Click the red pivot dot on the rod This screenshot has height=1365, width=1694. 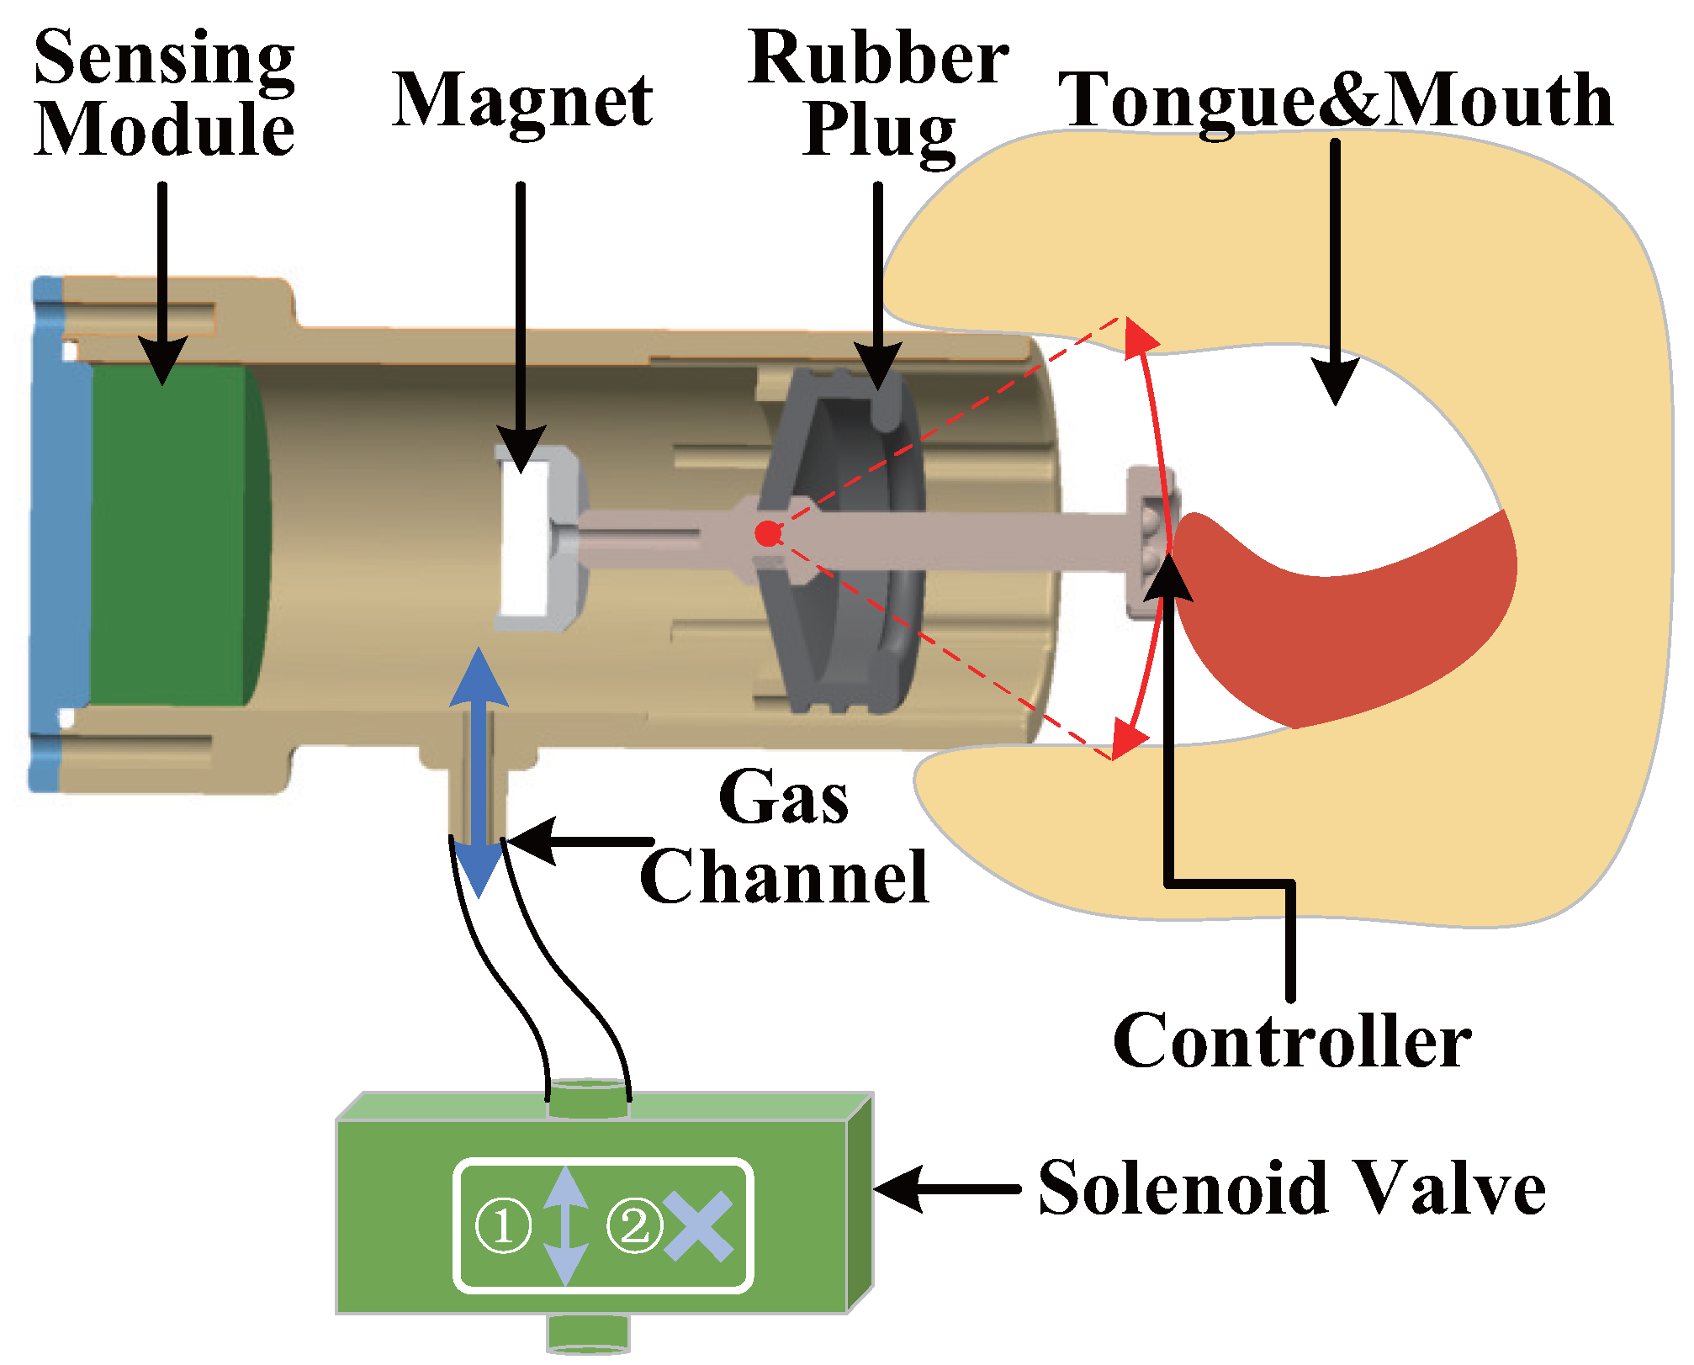tap(767, 533)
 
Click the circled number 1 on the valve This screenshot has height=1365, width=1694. tap(503, 1225)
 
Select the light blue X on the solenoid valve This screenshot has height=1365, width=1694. tap(697, 1227)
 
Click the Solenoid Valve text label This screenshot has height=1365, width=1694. tap(1291, 1188)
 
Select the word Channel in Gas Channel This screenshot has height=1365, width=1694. tap(784, 877)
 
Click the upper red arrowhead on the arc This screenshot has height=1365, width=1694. tap(1141, 339)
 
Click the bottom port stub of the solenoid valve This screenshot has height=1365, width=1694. tap(588, 1333)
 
